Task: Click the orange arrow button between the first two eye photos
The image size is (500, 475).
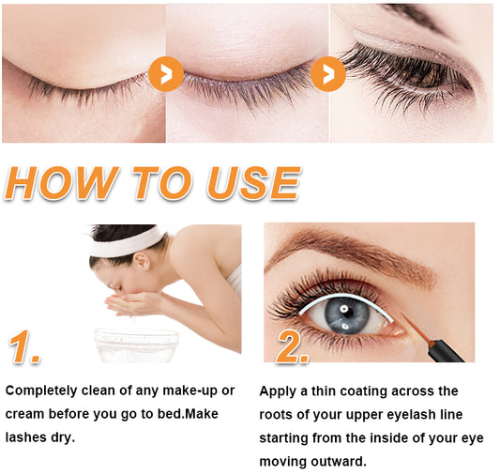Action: tap(166, 74)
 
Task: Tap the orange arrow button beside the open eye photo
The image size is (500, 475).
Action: tap(328, 74)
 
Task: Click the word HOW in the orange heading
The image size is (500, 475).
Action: tap(61, 183)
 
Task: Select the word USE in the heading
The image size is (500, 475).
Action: tap(254, 183)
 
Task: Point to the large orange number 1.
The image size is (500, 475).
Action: tap(23, 346)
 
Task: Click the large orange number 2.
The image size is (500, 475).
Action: tap(292, 346)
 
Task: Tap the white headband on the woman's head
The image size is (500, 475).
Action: tap(126, 241)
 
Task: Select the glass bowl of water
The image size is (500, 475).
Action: tap(136, 345)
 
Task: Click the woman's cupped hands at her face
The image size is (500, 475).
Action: tap(128, 302)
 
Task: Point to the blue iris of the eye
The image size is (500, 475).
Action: tap(347, 315)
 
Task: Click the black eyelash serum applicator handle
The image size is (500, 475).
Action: tap(447, 351)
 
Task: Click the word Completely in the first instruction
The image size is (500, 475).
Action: tap(41, 391)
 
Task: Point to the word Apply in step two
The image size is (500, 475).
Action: tap(278, 391)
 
